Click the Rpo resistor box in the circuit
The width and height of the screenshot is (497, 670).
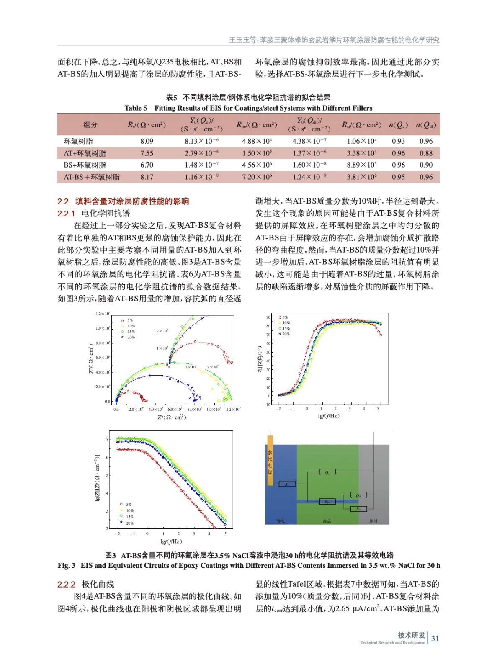click(327, 501)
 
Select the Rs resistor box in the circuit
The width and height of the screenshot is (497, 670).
click(287, 484)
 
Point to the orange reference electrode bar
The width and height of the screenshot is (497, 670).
click(270, 461)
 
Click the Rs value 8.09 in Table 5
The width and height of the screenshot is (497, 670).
click(147, 142)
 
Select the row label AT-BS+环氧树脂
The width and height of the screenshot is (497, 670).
click(91, 177)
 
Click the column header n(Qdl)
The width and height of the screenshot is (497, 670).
click(426, 125)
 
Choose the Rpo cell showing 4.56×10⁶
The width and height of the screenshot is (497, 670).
click(257, 165)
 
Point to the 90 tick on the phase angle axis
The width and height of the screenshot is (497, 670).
click(268, 317)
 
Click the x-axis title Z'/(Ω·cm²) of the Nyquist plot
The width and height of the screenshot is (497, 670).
click(172, 417)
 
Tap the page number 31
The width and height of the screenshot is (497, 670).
click(435, 638)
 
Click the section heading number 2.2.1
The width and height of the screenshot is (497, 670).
click(66, 214)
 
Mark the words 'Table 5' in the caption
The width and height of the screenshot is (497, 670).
click(136, 108)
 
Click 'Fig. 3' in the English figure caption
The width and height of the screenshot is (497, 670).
click(67, 565)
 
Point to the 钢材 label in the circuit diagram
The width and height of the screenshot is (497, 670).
click(373, 521)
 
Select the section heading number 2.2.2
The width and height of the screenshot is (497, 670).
click(66, 585)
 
